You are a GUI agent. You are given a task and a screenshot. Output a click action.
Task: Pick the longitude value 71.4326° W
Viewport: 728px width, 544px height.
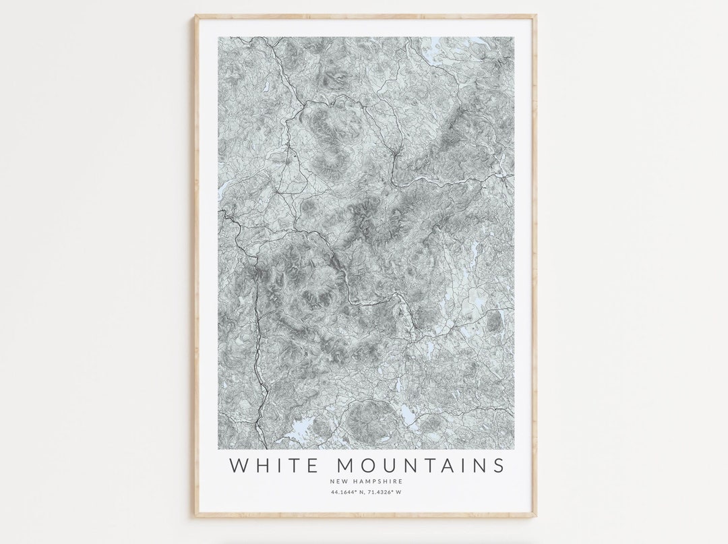point(386,493)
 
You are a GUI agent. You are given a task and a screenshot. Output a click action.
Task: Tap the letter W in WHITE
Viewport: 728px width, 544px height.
point(239,465)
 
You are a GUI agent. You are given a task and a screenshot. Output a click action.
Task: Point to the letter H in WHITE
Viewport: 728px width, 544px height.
point(263,465)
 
